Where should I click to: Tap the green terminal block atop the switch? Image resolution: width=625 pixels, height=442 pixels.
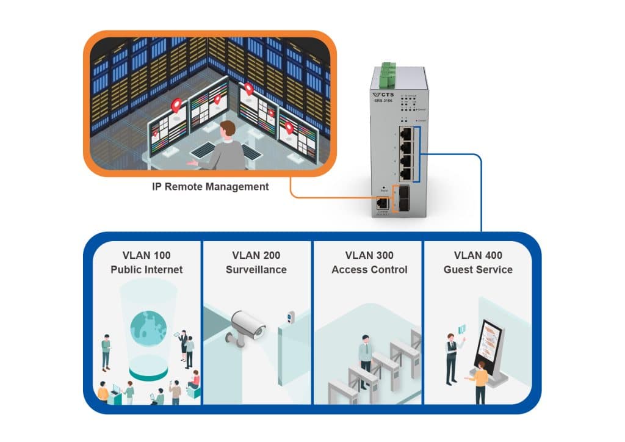tap(386, 73)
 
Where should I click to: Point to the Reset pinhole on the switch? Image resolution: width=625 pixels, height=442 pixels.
tap(383, 188)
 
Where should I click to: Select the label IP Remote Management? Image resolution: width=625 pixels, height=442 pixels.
tap(210, 187)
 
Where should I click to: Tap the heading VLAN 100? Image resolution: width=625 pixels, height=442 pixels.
tap(146, 255)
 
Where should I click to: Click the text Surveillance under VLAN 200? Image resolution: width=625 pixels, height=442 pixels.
tap(256, 269)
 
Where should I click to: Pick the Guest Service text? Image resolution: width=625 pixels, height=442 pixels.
tap(478, 269)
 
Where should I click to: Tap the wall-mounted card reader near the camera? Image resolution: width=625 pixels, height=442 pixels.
tap(291, 317)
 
